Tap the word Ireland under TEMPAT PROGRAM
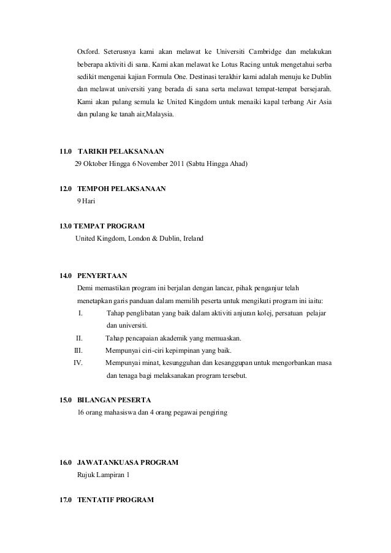(192, 238)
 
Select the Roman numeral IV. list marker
(78, 363)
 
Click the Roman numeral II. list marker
(79, 338)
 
